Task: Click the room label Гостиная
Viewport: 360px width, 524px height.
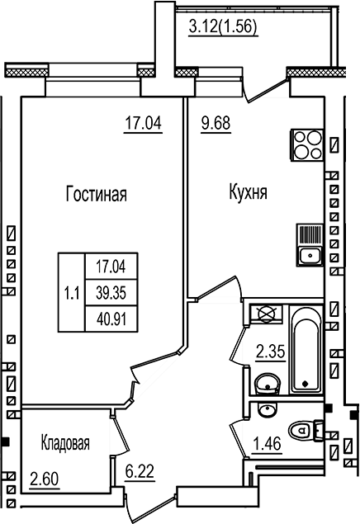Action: [x=95, y=195]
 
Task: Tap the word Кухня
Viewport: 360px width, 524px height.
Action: [x=247, y=195]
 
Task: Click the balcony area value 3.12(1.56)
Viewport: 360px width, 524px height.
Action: [x=223, y=26]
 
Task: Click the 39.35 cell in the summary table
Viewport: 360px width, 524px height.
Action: [x=111, y=290]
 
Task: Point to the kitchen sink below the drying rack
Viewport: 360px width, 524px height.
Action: [x=310, y=255]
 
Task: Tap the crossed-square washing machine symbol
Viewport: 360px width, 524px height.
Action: [x=267, y=314]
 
